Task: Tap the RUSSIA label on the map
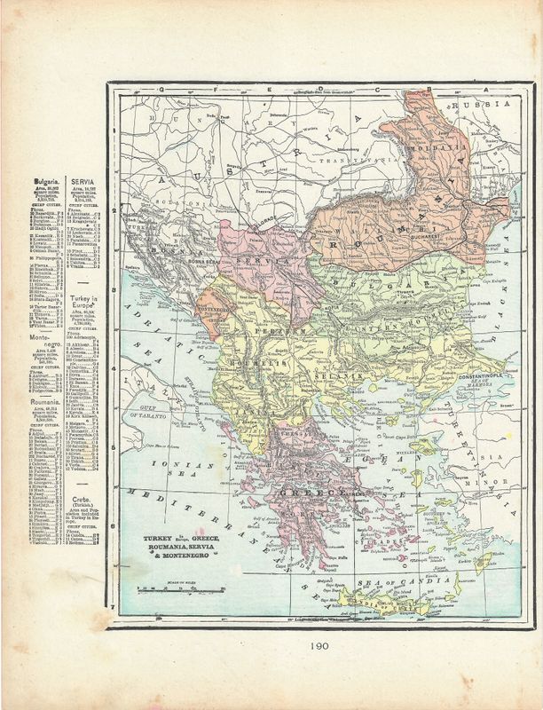pos(479,106)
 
